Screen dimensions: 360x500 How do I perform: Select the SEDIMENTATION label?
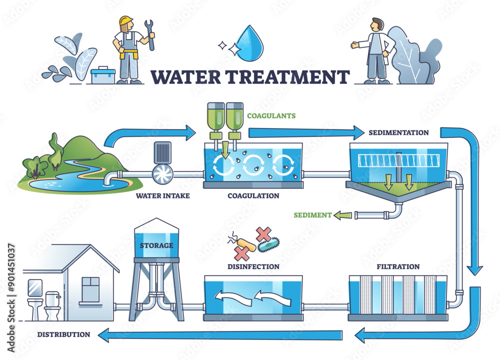click(398, 133)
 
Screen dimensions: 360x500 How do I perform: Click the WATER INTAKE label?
click(162, 195)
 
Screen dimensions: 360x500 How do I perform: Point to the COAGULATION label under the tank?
click(253, 195)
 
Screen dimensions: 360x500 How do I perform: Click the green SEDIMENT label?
click(313, 215)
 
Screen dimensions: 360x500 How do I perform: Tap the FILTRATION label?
click(398, 266)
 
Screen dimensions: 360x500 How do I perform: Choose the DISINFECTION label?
click(253, 266)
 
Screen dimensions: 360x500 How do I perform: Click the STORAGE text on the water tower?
click(156, 245)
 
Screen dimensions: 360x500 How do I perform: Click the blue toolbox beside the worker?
click(103, 75)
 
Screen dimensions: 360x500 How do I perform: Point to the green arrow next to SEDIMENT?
click(343, 215)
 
